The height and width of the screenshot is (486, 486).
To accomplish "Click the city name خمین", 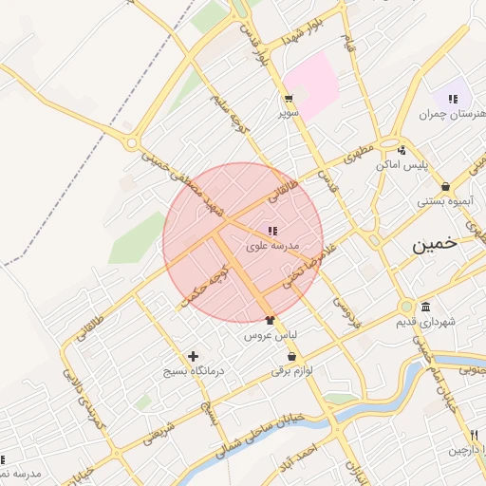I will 434,243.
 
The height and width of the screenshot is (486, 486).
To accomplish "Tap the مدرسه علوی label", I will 272,245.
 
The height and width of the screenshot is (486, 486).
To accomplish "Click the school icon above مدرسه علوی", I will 272,231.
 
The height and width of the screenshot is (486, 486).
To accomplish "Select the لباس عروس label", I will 271,335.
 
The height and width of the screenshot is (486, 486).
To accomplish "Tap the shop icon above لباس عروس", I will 271,321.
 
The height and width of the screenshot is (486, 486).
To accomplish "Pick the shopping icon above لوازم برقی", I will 291,357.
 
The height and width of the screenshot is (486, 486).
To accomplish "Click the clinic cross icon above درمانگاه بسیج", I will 193,357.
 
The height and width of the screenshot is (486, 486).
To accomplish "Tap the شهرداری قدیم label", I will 424,322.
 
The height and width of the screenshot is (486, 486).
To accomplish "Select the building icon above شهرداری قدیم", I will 424,308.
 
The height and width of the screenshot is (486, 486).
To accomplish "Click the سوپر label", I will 287,113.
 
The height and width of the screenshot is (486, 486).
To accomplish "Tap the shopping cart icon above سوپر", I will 287,99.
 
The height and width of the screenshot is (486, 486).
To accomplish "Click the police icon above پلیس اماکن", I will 402,150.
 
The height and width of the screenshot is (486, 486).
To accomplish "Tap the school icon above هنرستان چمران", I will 453,99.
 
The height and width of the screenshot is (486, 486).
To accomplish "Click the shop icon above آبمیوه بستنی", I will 445,187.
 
